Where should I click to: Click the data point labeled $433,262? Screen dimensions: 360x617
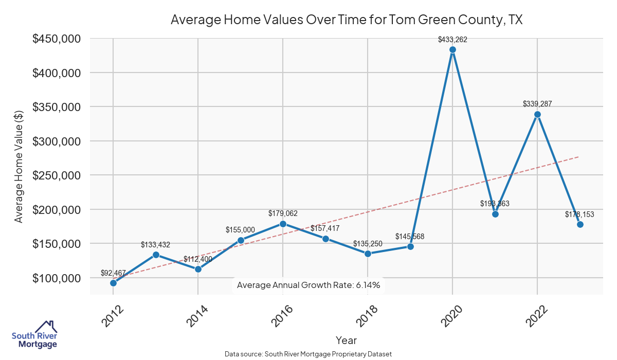(x=452, y=50)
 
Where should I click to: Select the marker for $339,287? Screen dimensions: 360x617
(x=537, y=114)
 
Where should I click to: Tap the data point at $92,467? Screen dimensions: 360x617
(x=113, y=283)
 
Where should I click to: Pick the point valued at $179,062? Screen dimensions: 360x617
(x=283, y=224)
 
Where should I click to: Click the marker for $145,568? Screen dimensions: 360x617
(x=410, y=246)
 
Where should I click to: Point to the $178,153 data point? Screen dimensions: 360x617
(x=580, y=224)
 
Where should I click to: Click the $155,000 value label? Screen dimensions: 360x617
(x=240, y=230)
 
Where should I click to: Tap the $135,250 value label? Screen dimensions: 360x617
(x=368, y=243)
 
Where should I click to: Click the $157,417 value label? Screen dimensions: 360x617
(x=325, y=228)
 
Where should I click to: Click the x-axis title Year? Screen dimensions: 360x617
(x=346, y=340)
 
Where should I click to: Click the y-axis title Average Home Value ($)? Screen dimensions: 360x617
(x=19, y=166)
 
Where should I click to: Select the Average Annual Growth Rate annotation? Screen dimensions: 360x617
(x=308, y=285)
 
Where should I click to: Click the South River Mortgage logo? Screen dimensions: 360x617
(x=34, y=334)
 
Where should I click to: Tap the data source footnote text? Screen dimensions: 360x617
(x=308, y=354)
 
